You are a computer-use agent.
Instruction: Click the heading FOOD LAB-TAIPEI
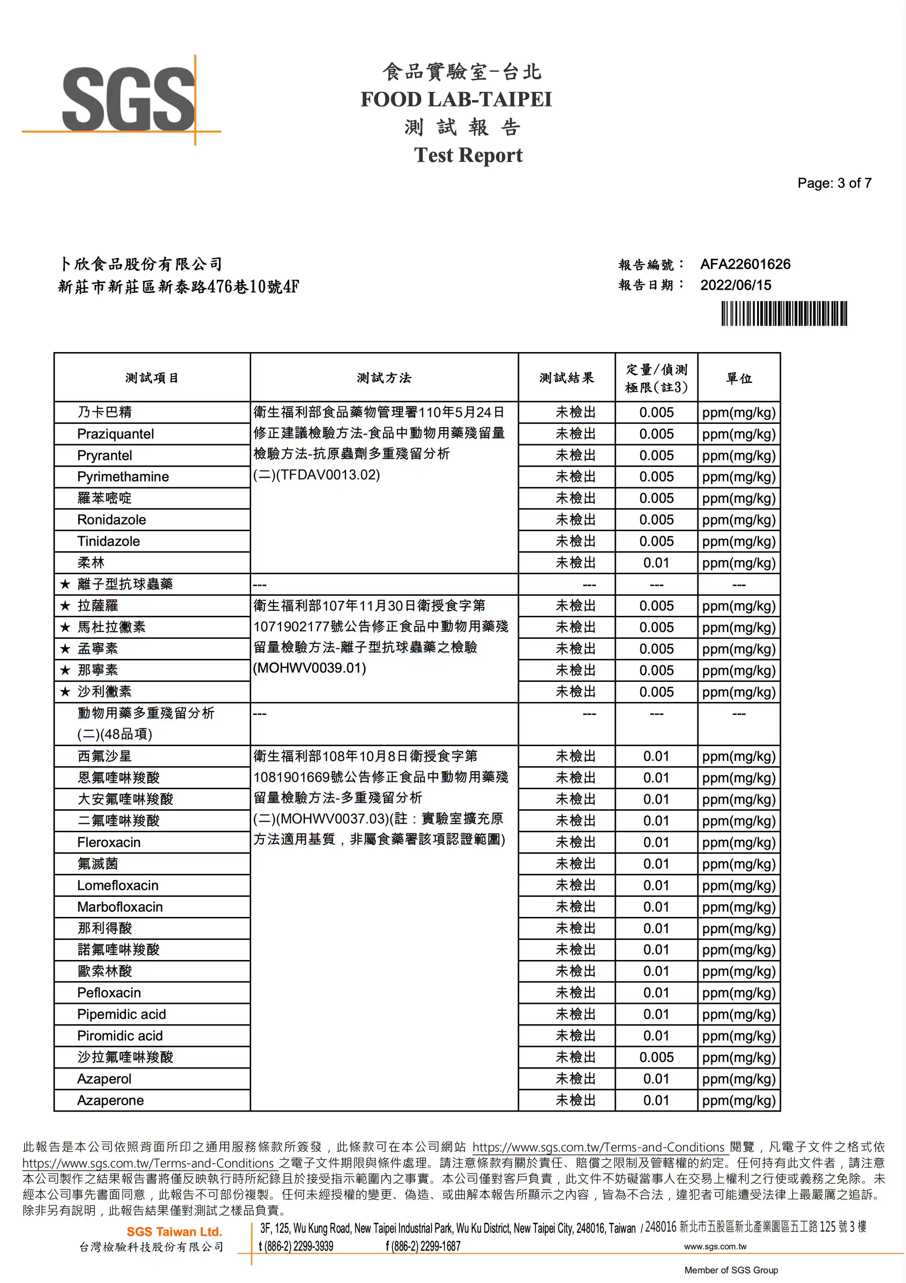(456, 100)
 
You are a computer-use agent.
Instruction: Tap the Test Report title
(468, 155)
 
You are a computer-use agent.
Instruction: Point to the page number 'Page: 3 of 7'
(834, 183)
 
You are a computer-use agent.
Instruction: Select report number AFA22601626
(745, 264)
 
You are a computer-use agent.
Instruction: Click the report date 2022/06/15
(735, 285)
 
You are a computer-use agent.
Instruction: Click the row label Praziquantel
(115, 434)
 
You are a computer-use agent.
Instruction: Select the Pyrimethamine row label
(123, 477)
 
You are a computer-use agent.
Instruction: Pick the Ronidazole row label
(111, 519)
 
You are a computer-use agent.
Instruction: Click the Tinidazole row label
(109, 541)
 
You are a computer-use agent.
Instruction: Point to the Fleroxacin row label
(109, 842)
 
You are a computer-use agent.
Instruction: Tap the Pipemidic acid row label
(121, 1014)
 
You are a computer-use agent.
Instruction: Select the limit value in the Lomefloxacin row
(656, 885)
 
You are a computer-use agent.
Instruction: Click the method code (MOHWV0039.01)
(309, 668)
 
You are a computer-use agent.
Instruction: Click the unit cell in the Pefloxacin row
(738, 992)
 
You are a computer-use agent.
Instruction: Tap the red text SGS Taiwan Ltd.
(174, 1231)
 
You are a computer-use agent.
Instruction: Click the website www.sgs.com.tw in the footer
(715, 1247)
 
